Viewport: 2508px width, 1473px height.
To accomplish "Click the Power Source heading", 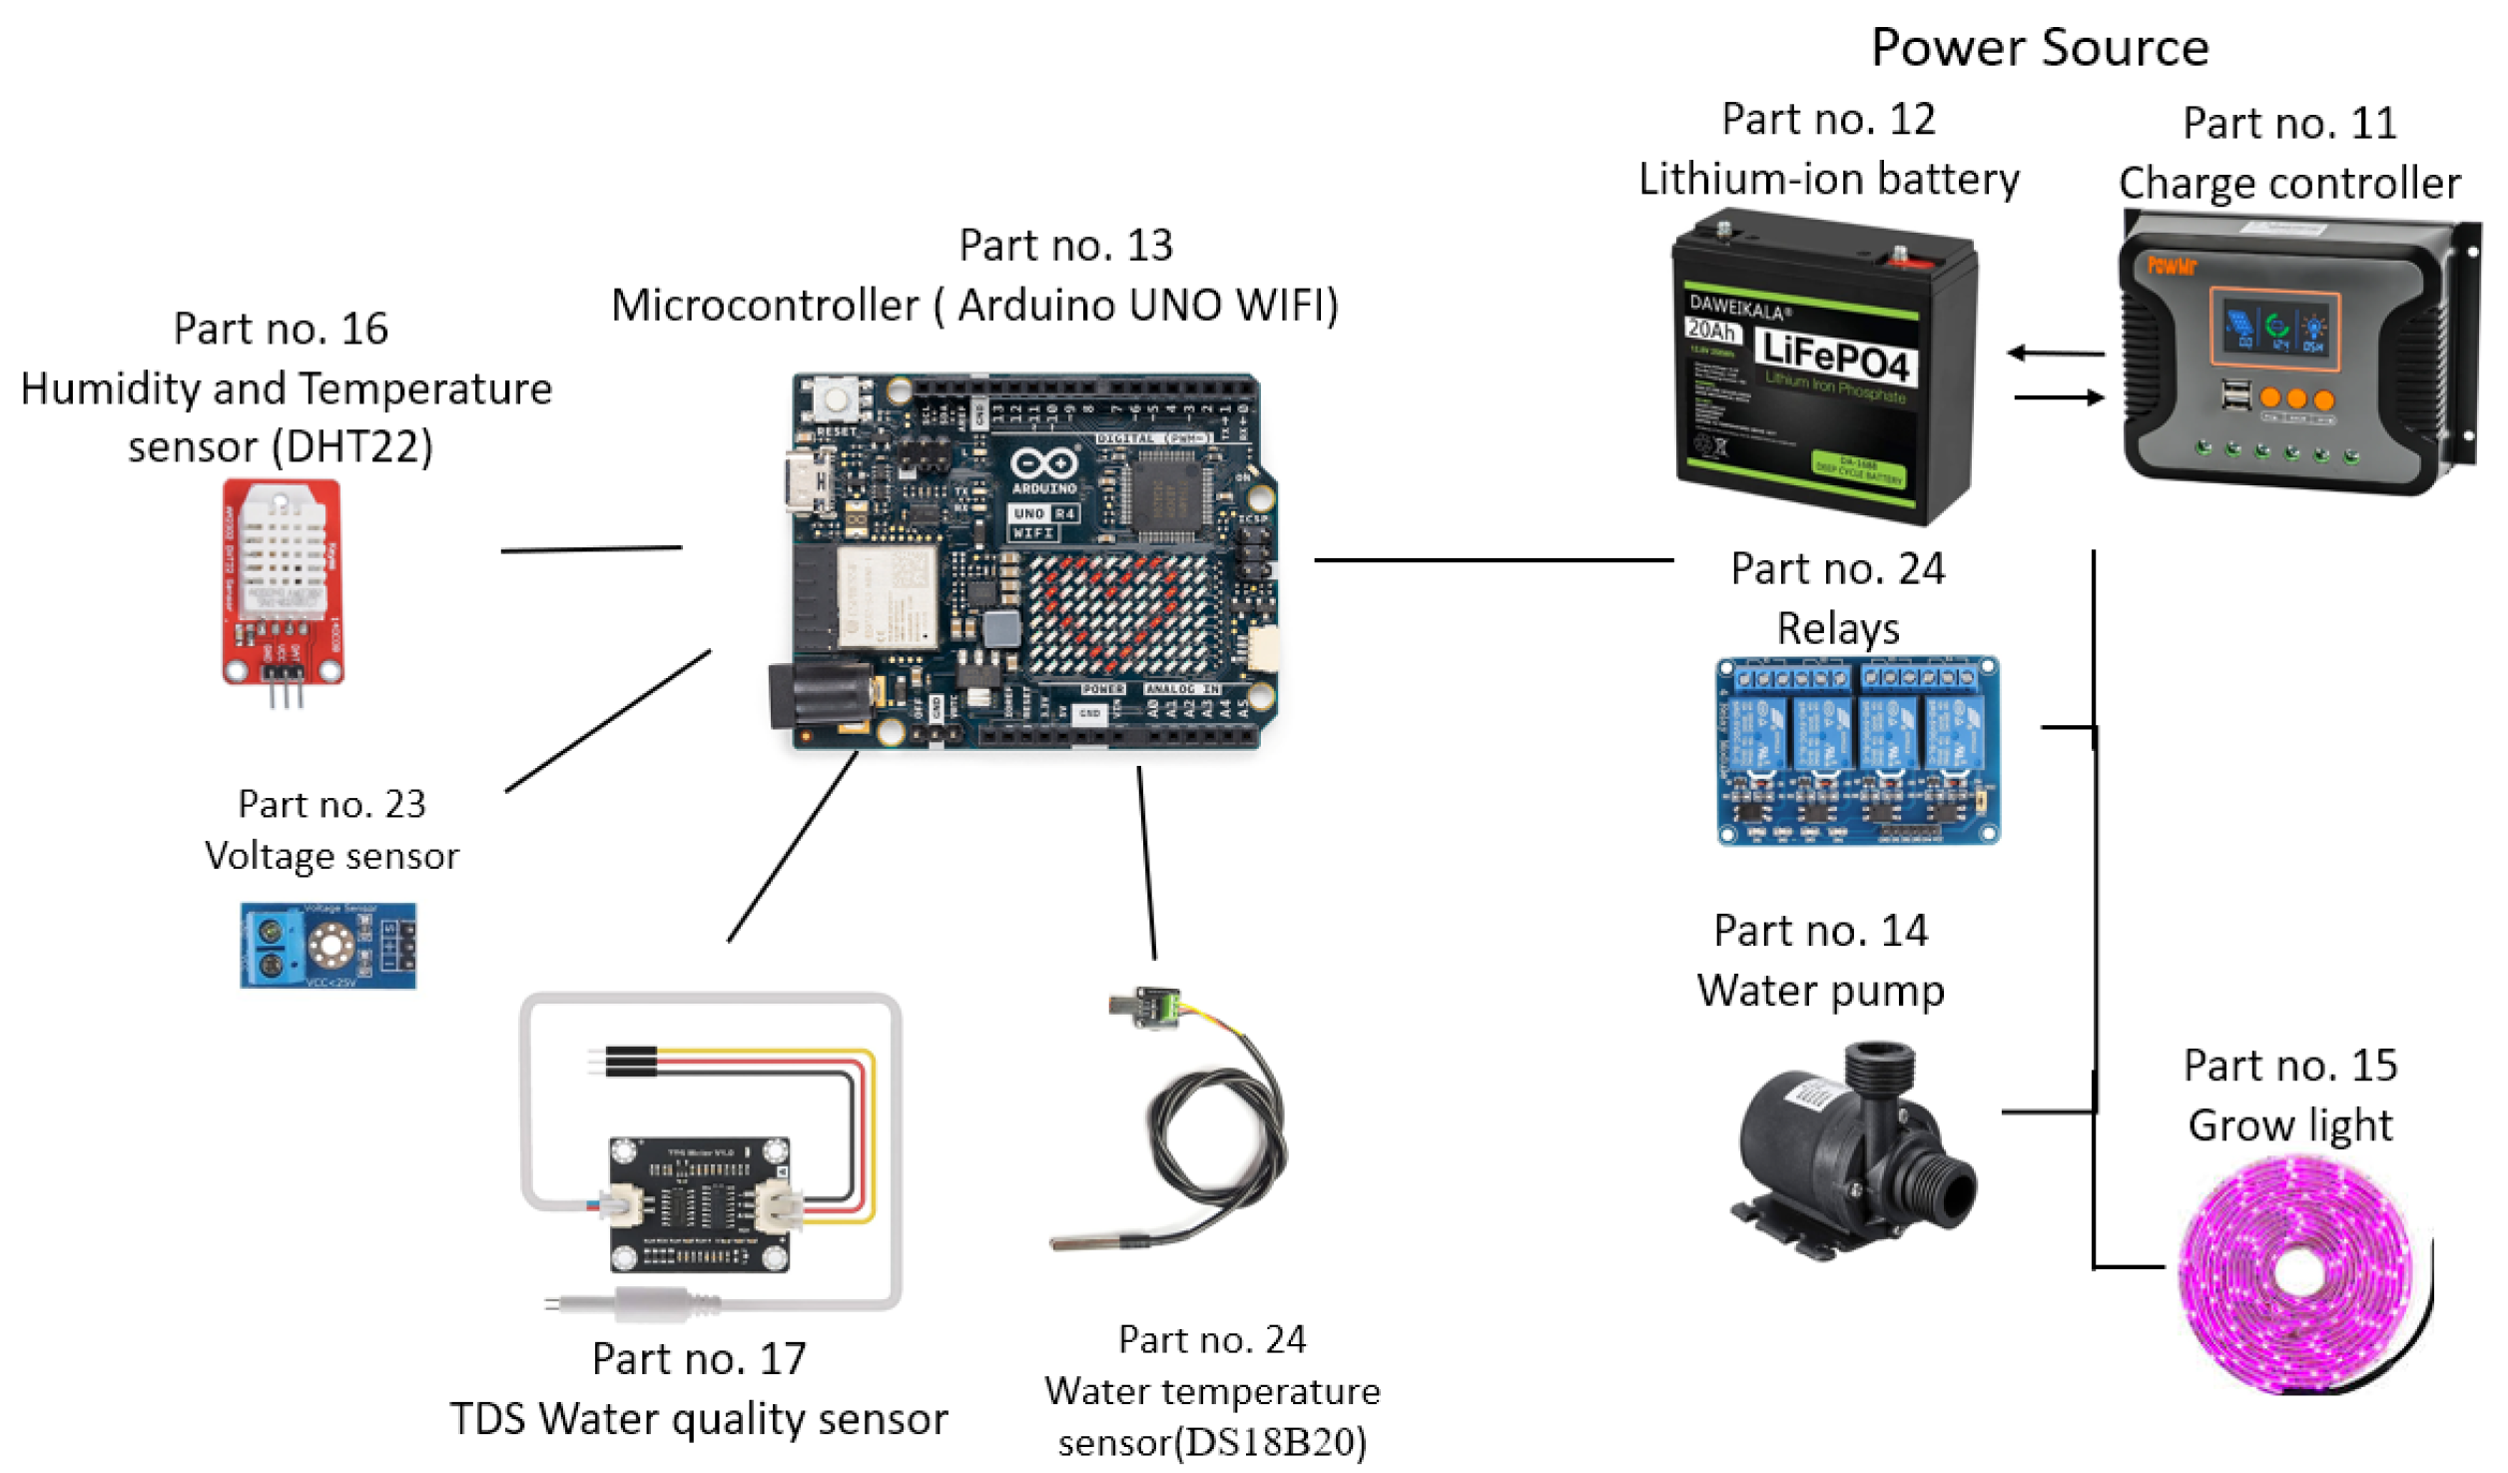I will coord(2039,47).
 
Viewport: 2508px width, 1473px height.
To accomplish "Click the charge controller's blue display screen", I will coord(2273,327).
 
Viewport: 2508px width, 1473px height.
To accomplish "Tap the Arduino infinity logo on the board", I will coord(1043,464).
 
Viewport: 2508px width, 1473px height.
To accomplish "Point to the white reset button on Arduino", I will coord(834,399).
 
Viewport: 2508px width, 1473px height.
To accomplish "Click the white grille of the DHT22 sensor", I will coord(283,544).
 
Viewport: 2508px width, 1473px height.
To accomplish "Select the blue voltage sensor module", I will coord(327,945).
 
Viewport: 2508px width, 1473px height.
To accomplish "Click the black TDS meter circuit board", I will coord(699,1203).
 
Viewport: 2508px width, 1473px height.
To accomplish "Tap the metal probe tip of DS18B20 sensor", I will coord(1083,1242).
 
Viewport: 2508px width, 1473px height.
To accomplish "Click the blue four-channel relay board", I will coord(1857,751).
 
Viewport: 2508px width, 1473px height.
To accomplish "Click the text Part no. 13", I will coord(1065,245).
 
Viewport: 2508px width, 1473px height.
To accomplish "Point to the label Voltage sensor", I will coord(331,856).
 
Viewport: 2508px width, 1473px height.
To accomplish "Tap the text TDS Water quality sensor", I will coord(698,1418).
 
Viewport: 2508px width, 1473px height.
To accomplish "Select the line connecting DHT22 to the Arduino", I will coord(591,549).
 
